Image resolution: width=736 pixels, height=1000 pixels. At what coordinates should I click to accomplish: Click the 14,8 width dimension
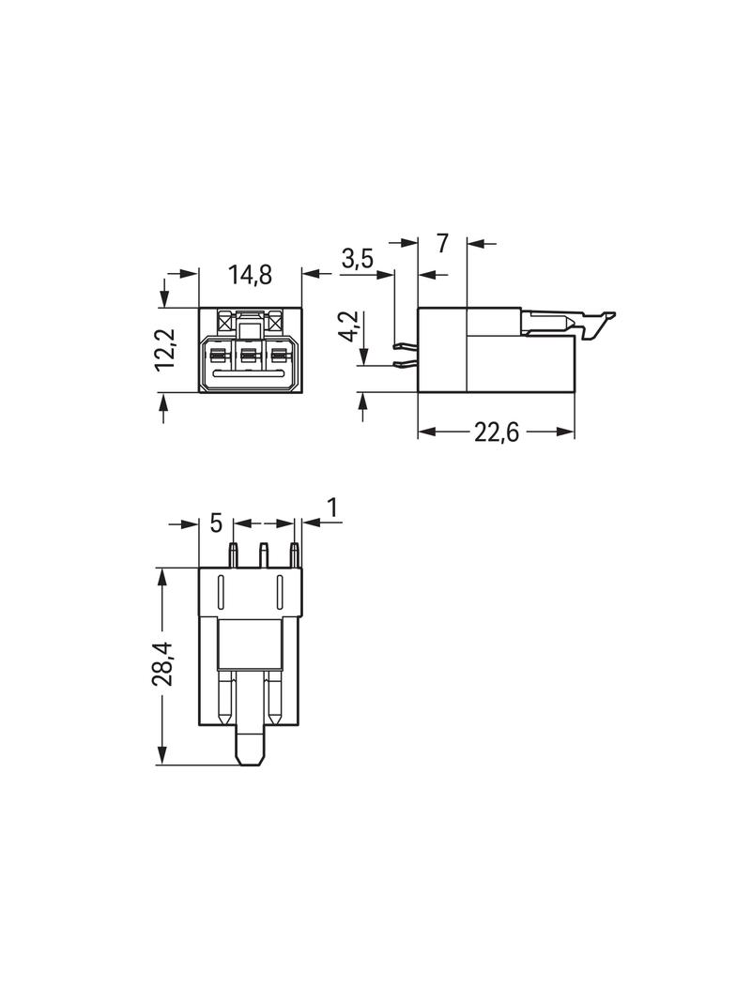point(251,275)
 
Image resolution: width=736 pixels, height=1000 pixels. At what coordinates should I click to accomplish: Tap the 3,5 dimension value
point(358,259)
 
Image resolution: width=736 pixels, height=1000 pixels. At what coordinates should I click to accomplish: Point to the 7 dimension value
point(442,243)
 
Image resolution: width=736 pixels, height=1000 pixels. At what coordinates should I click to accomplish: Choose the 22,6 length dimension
point(496,432)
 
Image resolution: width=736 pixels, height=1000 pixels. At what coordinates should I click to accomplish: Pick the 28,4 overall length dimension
point(162,663)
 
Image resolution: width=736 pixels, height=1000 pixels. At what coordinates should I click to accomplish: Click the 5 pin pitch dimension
point(216,523)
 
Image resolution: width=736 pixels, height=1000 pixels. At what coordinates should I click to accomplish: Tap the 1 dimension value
point(332,508)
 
